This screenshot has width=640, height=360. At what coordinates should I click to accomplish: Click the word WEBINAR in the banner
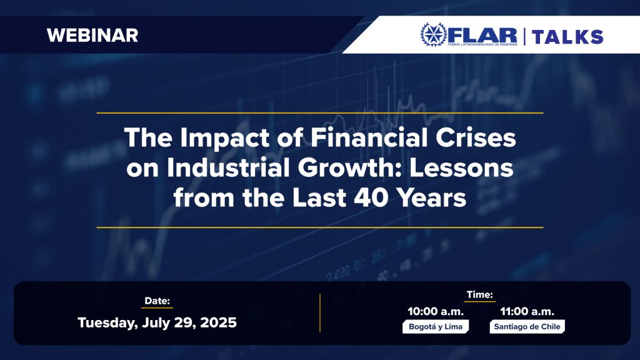(x=92, y=36)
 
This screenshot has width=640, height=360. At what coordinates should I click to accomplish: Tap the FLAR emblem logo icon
(x=434, y=34)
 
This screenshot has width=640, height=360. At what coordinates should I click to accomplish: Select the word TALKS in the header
(x=567, y=37)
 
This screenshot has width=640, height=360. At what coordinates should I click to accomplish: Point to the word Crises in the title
(x=476, y=137)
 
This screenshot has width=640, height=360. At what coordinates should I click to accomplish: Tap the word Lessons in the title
(x=461, y=167)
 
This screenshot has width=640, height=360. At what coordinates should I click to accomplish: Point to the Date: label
(x=157, y=301)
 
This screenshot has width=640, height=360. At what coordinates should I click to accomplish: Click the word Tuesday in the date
(x=107, y=323)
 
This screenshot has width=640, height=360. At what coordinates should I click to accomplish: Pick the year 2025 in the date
(x=218, y=323)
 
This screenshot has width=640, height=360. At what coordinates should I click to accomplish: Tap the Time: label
(x=479, y=295)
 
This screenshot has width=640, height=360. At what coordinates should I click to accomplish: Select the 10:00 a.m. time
(x=436, y=312)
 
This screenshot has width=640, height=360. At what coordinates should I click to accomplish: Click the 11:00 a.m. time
(x=527, y=312)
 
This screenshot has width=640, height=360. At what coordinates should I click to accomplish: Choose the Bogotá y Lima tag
(x=436, y=326)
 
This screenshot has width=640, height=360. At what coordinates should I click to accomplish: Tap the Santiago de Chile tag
(x=527, y=326)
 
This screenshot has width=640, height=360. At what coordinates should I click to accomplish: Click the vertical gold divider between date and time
(x=320, y=313)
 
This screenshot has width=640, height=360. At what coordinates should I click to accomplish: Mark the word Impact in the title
(x=225, y=138)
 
